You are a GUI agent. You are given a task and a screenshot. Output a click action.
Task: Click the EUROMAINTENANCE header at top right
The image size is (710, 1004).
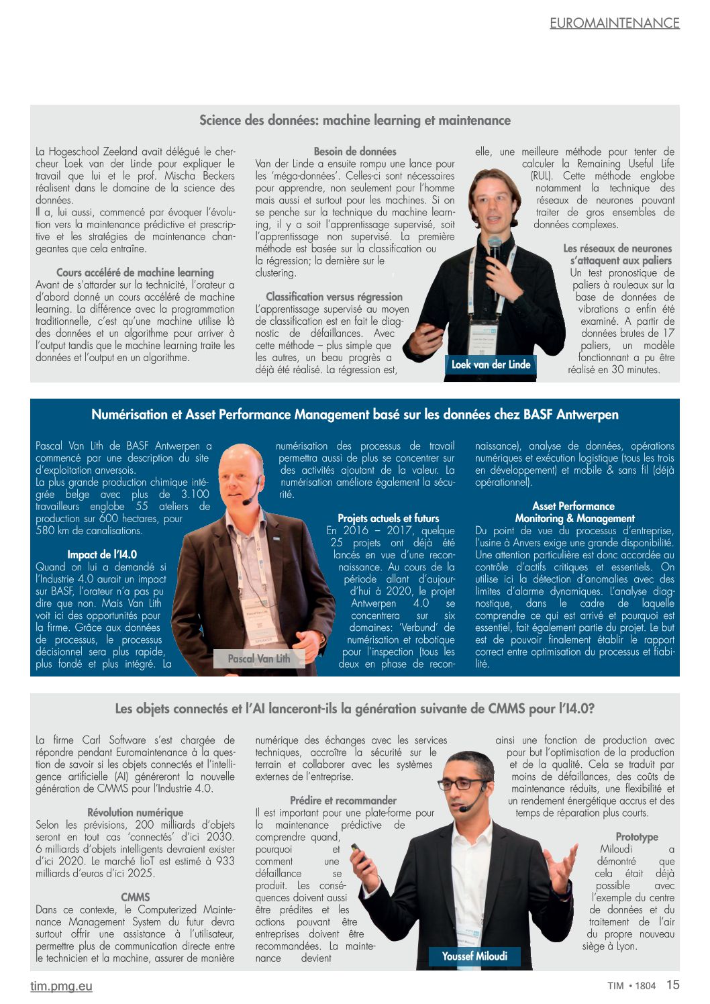(614, 23)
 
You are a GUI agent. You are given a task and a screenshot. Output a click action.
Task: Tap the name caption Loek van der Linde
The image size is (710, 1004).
(491, 364)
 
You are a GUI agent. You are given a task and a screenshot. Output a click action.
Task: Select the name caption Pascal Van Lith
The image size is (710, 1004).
(259, 658)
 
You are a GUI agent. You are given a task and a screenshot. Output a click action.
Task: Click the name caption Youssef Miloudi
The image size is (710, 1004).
(474, 956)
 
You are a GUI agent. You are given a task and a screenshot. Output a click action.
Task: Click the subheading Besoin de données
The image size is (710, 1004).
(355, 152)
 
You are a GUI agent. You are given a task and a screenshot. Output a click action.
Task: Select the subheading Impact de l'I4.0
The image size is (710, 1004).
(102, 554)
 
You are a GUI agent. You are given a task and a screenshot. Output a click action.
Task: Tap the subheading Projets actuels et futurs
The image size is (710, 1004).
(388, 518)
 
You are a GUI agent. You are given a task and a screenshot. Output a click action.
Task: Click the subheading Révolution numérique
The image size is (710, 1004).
(135, 813)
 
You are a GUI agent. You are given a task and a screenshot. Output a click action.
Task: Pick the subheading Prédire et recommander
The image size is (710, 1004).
(343, 801)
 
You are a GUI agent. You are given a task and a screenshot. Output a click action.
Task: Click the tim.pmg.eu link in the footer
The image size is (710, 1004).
(61, 986)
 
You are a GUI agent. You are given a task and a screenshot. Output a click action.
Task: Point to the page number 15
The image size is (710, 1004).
(672, 985)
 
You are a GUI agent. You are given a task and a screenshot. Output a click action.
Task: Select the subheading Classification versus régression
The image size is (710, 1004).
(334, 297)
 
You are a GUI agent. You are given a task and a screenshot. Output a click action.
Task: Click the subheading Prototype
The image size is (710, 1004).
(637, 837)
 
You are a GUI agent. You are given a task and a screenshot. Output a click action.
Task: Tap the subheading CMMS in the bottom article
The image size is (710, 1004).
(136, 897)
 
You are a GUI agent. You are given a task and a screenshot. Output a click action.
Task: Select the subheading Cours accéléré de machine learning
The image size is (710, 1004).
(135, 272)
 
